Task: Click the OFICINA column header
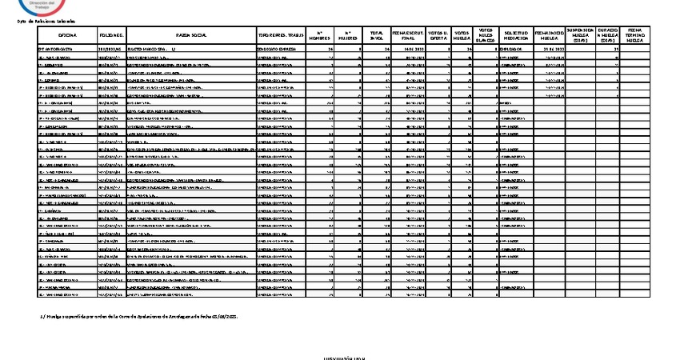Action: click(x=67, y=35)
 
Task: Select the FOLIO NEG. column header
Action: click(x=112, y=35)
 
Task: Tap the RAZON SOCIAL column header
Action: click(x=191, y=35)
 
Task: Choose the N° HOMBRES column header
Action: click(x=322, y=35)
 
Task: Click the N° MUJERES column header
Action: click(x=350, y=35)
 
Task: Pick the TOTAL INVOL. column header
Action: click(x=377, y=35)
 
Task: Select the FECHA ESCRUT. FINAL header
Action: click(x=409, y=35)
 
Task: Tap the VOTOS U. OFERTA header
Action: click(x=438, y=35)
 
